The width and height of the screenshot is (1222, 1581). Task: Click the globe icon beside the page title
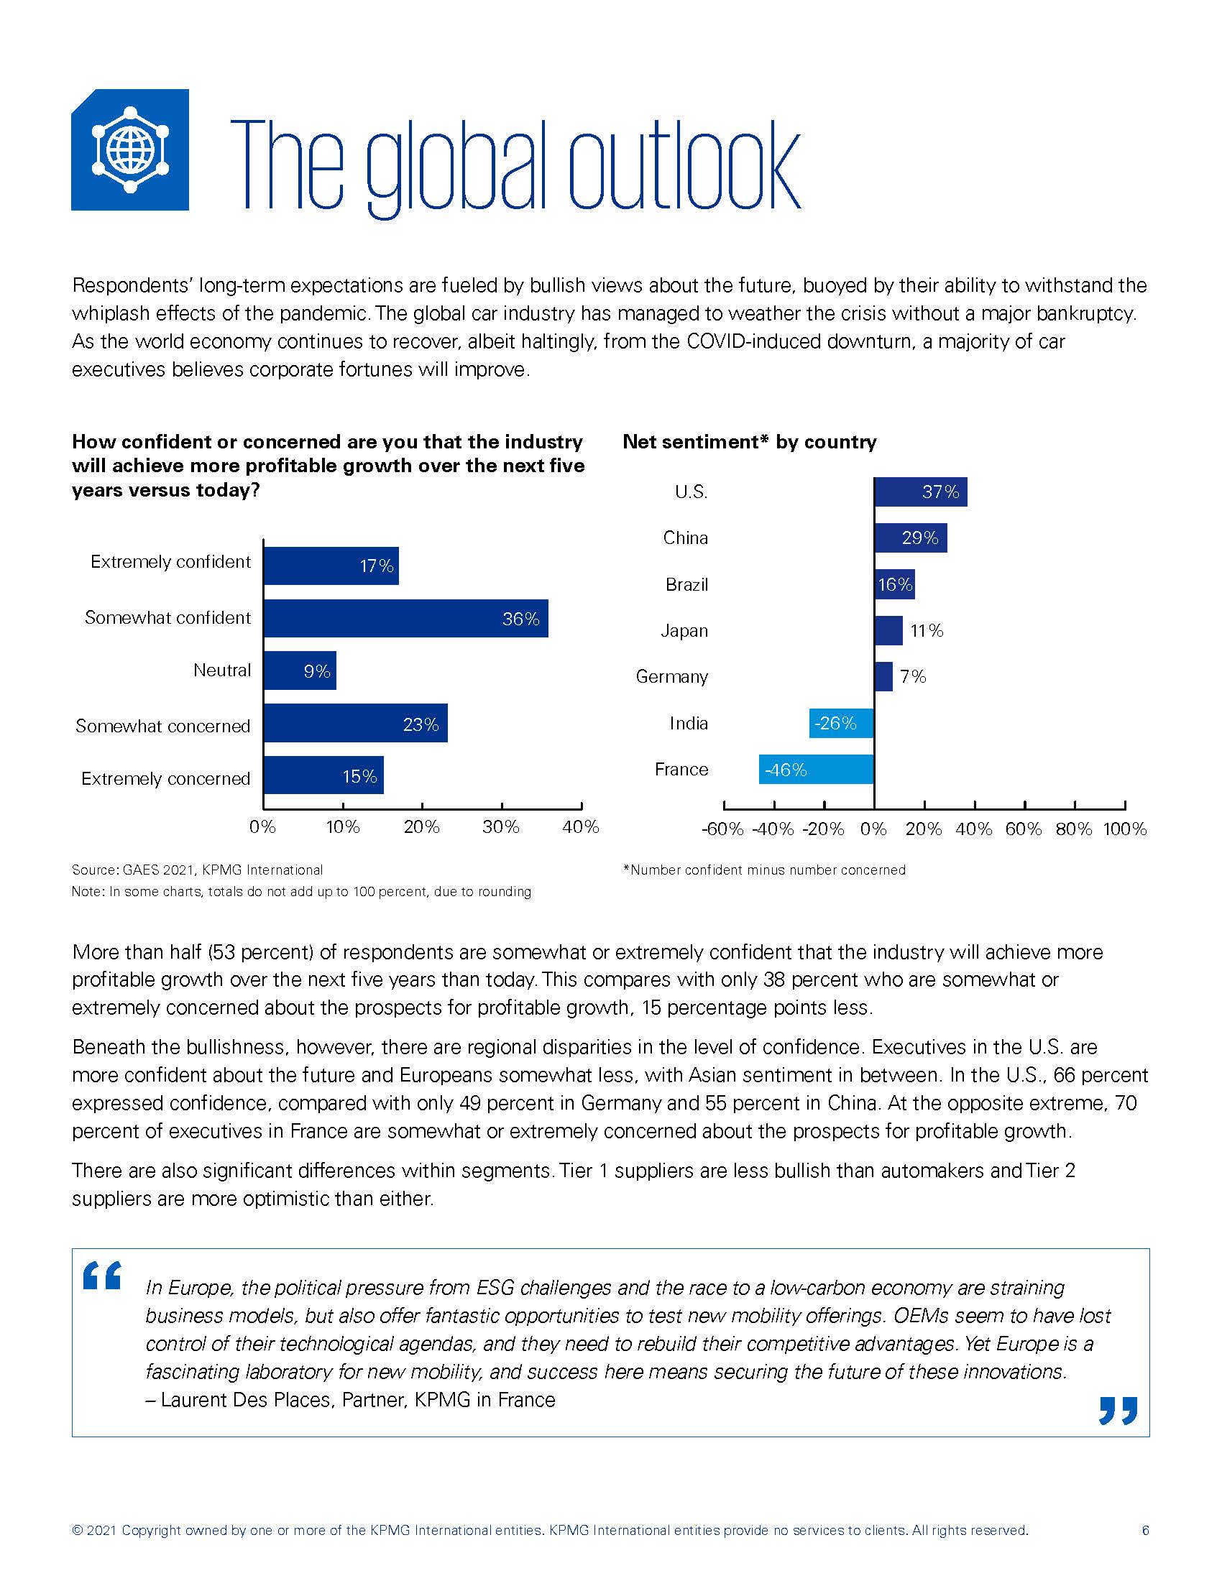tap(130, 149)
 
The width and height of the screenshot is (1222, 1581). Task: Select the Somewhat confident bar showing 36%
tap(405, 618)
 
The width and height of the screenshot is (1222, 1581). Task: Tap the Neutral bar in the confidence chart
tap(300, 671)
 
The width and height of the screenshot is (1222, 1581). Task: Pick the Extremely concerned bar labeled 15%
tap(323, 776)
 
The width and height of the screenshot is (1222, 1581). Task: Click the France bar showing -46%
tap(816, 770)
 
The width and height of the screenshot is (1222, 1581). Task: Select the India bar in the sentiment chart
tap(841, 723)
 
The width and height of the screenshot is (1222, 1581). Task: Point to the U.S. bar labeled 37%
tap(920, 492)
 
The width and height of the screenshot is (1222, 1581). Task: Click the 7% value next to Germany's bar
tap(913, 677)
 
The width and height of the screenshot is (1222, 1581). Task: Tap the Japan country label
tap(684, 631)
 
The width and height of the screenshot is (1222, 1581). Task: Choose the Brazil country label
tap(686, 585)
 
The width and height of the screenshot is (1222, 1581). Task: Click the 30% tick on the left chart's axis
tap(501, 826)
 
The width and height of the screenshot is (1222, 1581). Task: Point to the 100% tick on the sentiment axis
tap(1124, 829)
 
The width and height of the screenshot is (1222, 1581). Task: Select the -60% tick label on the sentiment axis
tap(722, 829)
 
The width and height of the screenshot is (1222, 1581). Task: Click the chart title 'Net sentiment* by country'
tap(749, 441)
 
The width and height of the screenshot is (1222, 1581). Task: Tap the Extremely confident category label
tap(170, 563)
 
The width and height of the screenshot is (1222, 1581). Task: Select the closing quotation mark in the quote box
tap(1118, 1410)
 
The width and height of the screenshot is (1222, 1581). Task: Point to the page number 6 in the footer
tap(1145, 1530)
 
